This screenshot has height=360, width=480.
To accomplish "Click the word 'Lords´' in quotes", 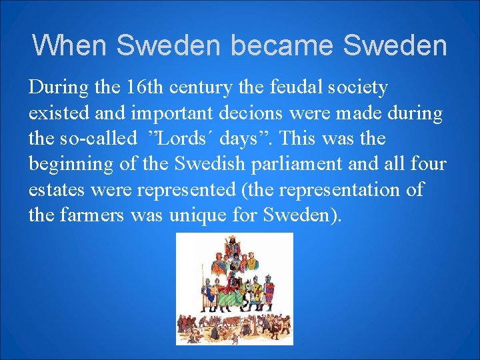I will pyautogui.click(x=183, y=139).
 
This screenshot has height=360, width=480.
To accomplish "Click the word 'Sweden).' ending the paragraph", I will pyautogui.click(x=303, y=215).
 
